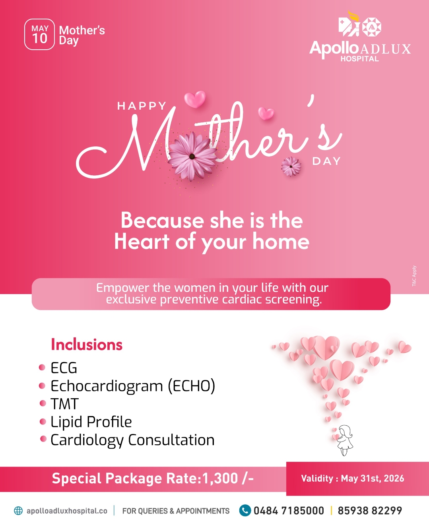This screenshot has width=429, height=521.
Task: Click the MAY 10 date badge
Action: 39,34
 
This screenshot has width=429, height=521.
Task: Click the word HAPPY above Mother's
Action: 142,106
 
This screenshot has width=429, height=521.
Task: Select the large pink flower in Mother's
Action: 192,156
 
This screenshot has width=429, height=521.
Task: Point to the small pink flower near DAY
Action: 291,167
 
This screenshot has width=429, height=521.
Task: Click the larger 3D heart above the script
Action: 195,99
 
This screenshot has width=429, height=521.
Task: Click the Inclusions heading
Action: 87,345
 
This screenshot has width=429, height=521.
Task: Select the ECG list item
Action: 64,368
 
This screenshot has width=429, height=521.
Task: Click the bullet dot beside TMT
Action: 43,403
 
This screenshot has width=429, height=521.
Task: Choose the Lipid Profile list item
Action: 91,422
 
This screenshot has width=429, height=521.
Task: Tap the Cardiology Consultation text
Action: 132,440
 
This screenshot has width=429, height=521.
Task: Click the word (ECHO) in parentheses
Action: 192,385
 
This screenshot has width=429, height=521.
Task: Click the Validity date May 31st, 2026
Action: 373,478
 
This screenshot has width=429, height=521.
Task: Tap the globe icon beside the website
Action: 18,511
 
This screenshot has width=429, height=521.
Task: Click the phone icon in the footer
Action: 245,510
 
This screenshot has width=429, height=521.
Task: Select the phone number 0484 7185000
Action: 289,511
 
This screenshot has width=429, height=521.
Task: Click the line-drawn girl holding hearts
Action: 344,440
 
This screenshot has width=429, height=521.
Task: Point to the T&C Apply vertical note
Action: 414,276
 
